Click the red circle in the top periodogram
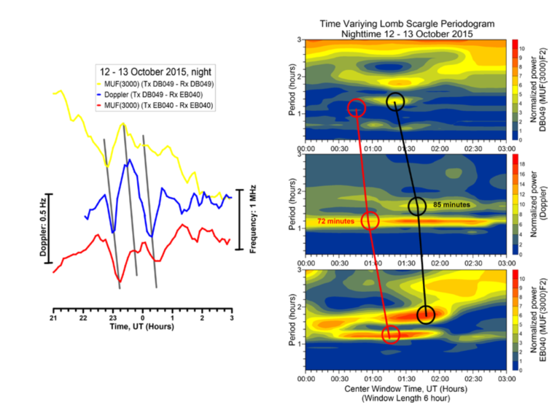(x=357, y=108)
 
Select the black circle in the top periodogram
(x=394, y=101)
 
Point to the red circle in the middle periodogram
(x=370, y=220)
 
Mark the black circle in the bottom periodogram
(x=426, y=315)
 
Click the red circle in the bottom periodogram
(x=391, y=334)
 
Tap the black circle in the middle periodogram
(x=416, y=207)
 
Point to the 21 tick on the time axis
(x=53, y=320)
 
